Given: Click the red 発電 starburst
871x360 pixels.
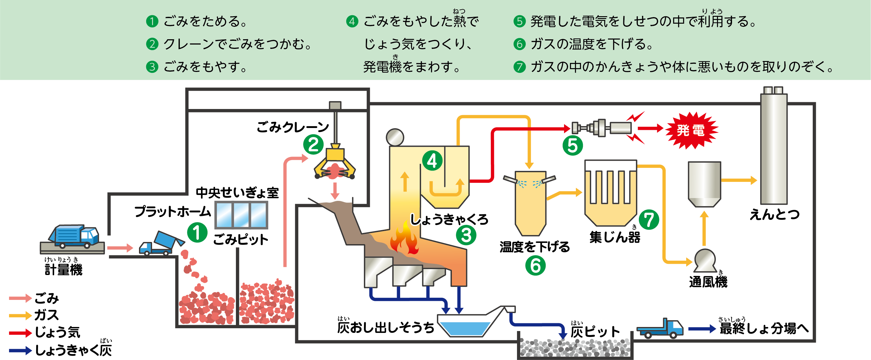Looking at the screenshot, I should (x=691, y=130).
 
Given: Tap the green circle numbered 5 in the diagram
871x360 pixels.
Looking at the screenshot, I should (x=572, y=145).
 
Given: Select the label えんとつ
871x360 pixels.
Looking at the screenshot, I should (x=774, y=214).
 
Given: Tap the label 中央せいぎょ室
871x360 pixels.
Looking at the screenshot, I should (x=237, y=193).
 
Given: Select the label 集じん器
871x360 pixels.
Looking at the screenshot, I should (x=615, y=237).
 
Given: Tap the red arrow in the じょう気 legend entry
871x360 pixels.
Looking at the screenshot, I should (x=20, y=333).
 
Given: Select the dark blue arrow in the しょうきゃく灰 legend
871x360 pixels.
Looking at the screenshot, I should (x=20, y=351).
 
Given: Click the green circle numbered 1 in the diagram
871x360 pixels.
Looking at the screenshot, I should (x=197, y=233).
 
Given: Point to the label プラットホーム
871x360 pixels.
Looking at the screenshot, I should (x=172, y=211).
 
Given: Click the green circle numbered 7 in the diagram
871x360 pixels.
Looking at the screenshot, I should (x=649, y=220).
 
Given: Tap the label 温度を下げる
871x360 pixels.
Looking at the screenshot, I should (x=534, y=247).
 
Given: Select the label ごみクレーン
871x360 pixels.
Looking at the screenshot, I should (x=293, y=127).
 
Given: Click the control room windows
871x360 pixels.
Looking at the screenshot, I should (x=242, y=215).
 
